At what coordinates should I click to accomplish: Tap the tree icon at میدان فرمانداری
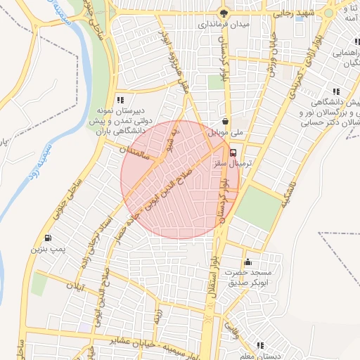(x=224, y=12)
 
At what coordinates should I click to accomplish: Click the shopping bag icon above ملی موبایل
(x=224, y=120)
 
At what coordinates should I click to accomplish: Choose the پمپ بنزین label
(x=47, y=249)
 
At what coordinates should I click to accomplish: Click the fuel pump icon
(x=47, y=238)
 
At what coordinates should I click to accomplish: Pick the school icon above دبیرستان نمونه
(x=120, y=101)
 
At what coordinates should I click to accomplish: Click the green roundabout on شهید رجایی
(x=328, y=13)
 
